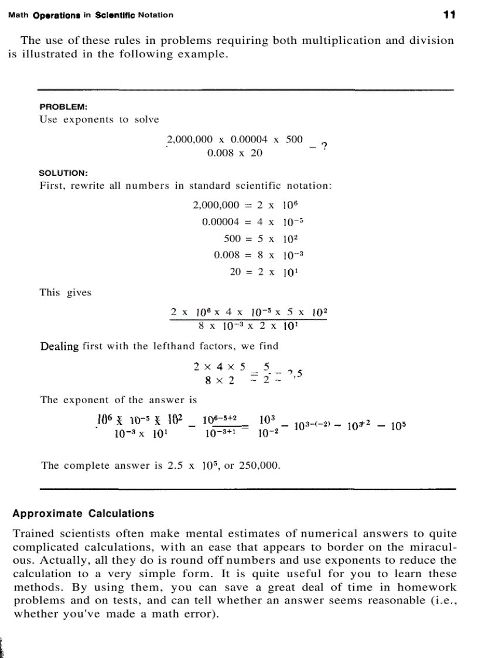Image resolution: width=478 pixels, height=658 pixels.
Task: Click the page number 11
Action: (449, 15)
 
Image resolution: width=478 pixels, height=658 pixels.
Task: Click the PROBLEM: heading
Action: (63, 107)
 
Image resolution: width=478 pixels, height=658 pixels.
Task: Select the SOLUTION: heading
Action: (63, 173)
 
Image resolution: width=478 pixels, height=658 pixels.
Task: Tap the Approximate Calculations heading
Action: (83, 513)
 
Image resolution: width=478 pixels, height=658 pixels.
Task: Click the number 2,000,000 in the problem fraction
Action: (190, 139)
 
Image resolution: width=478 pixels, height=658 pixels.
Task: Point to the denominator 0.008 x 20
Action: (235, 153)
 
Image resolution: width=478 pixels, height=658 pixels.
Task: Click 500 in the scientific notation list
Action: (232, 238)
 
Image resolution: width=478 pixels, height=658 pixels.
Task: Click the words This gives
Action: (66, 292)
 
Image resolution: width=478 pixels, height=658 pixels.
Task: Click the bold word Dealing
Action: (59, 346)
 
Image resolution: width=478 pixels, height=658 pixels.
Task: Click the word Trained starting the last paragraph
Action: (33, 534)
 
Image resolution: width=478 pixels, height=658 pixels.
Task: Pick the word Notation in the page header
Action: (156, 15)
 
